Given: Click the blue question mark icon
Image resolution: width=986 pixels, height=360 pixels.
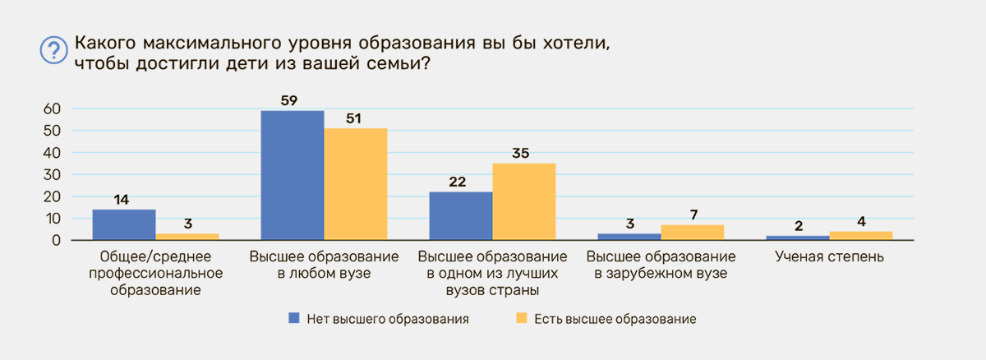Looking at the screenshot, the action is (53, 50).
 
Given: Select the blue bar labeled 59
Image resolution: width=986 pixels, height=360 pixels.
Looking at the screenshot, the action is (293, 175).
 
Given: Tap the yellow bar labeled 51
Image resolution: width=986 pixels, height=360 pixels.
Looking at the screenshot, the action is (356, 184).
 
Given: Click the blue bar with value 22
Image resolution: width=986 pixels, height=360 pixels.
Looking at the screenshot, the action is (461, 215).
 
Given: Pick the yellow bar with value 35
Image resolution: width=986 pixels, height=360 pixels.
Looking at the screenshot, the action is (524, 201).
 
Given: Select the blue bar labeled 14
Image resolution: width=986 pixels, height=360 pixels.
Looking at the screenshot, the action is (124, 224).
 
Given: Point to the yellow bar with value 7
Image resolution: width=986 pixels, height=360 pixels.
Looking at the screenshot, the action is (693, 233).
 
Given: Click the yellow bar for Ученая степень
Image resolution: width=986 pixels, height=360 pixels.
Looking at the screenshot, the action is (861, 235).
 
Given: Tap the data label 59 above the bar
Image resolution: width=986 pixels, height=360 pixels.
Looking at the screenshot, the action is (289, 101).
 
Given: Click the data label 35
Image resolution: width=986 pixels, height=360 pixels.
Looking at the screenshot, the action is (521, 153).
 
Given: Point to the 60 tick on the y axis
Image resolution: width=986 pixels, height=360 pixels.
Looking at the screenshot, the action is (52, 108).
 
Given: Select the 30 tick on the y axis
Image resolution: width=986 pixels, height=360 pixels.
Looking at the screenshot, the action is (52, 175).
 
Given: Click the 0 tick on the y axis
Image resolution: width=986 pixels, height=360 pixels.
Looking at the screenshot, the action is (57, 240).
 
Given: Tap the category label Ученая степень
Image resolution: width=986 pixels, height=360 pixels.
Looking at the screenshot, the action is (829, 256).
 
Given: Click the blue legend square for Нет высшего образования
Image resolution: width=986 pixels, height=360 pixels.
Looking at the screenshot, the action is (293, 318).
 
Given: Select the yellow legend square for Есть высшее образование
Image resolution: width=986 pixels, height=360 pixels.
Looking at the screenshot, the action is (521, 318).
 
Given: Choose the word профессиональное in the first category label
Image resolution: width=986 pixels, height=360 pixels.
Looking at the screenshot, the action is (156, 274).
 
